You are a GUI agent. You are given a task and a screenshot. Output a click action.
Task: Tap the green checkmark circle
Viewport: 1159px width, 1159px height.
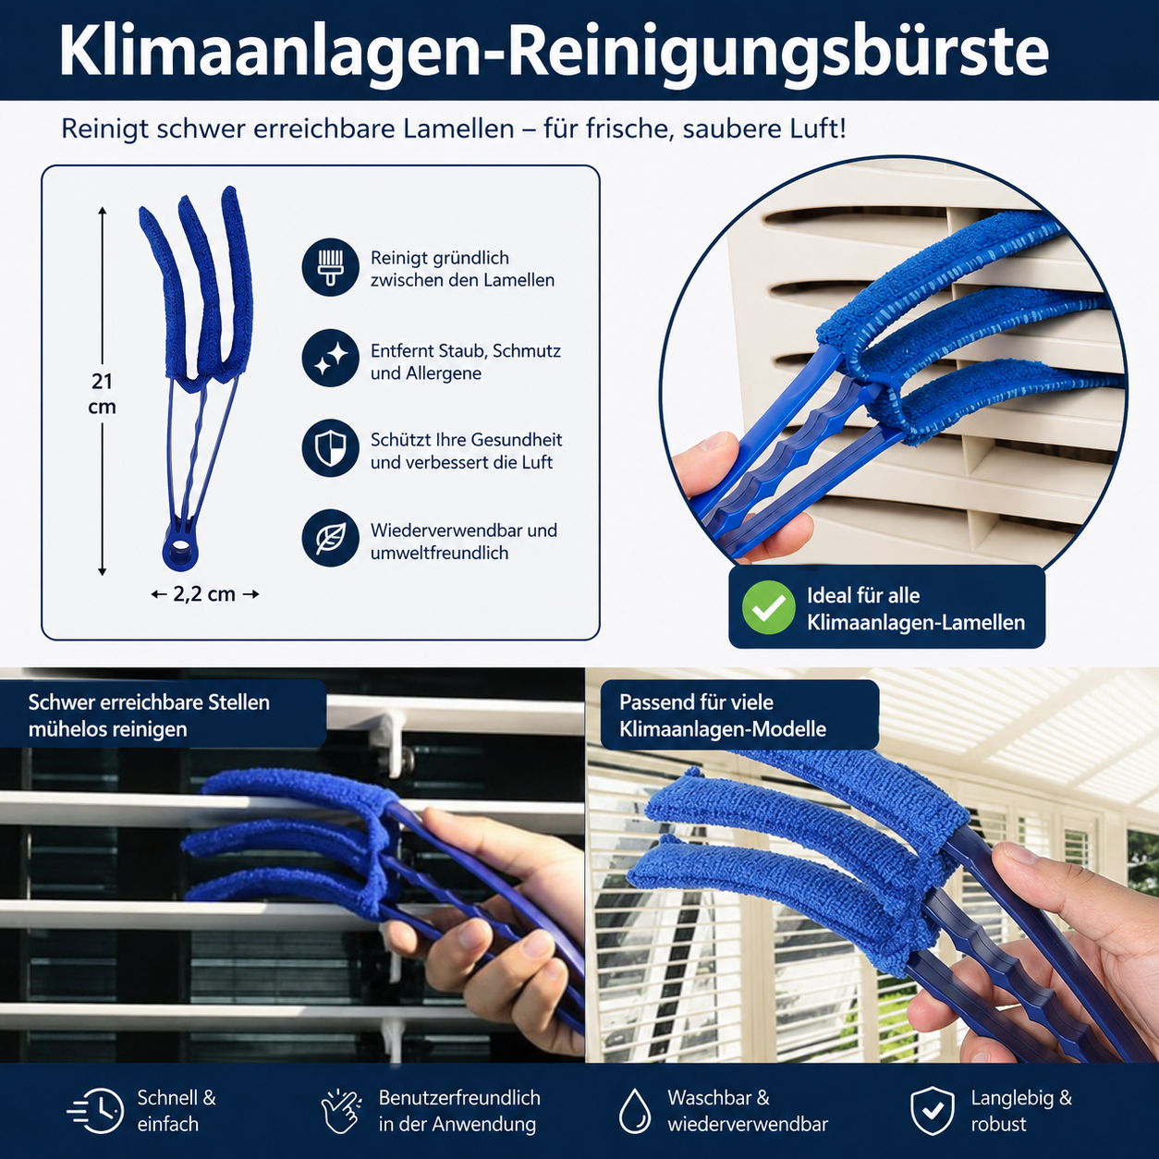coord(769,607)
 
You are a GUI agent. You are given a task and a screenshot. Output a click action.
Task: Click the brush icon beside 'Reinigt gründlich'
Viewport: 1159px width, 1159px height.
coord(330,267)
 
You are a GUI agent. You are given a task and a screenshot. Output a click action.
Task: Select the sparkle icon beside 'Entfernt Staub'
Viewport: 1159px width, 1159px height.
coord(330,358)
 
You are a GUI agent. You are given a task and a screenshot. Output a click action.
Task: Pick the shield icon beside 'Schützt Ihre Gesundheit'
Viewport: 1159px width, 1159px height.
coord(330,448)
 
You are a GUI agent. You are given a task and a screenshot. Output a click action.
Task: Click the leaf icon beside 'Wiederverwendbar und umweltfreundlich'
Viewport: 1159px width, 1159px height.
coord(330,538)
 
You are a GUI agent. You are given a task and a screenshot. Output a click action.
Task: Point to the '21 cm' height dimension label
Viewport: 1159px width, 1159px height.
coord(103,394)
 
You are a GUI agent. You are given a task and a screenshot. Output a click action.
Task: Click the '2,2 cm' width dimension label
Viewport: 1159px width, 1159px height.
coord(204,594)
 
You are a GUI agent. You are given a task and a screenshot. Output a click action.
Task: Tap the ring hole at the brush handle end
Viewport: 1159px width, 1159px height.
coord(180,550)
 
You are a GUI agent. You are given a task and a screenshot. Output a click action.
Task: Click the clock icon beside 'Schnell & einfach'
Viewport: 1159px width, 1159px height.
coord(96,1111)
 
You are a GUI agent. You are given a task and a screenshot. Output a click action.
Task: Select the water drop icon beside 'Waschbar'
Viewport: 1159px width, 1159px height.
coord(635,1111)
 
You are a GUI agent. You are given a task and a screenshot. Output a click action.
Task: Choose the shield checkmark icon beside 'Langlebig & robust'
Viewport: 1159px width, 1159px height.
coord(933,1110)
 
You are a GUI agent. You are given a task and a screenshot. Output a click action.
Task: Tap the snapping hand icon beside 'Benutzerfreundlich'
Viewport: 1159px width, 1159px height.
coord(341,1110)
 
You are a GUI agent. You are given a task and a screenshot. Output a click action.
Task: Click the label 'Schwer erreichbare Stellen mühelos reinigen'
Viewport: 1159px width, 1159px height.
coord(149,715)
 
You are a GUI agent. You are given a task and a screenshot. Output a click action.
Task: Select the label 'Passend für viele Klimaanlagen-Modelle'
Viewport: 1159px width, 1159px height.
coord(723,715)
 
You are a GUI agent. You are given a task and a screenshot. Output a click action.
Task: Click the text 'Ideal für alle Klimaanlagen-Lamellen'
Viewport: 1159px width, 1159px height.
coord(915,609)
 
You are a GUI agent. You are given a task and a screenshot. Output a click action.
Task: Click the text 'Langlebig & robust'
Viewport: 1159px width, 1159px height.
coord(1021,1111)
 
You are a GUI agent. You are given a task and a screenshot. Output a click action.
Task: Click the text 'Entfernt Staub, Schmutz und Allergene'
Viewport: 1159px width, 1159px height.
coord(466,362)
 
